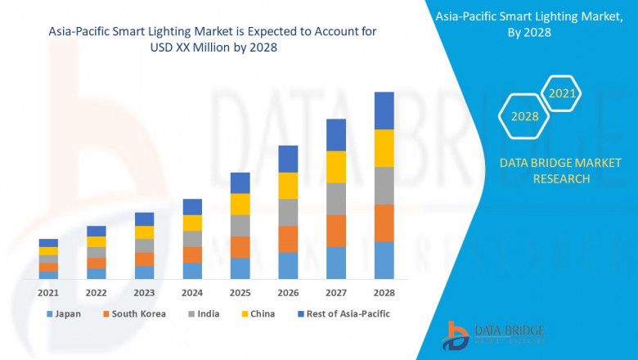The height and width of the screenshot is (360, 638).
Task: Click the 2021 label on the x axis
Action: coord(48,292)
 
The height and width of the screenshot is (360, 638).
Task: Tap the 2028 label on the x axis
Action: coord(384,292)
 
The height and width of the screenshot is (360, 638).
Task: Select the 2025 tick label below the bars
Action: coord(240,292)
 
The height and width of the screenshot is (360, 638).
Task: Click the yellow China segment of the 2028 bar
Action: coord(384,148)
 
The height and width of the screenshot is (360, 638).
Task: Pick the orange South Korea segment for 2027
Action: coord(336,231)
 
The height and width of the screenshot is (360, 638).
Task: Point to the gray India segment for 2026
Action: coord(288,212)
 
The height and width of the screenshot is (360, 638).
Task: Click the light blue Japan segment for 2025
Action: coord(240,268)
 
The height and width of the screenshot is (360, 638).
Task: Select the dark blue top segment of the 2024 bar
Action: coord(192,207)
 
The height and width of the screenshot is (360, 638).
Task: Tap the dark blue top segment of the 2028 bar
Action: coord(384,110)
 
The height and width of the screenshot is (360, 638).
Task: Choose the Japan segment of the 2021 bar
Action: coord(48,275)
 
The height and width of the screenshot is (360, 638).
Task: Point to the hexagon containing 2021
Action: coord(562,94)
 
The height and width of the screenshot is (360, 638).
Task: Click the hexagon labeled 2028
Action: coord(524,116)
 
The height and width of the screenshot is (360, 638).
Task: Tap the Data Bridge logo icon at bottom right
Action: coord(455,335)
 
